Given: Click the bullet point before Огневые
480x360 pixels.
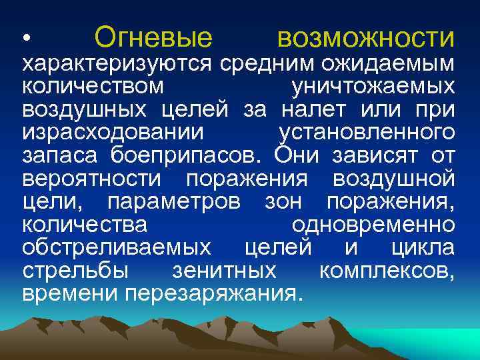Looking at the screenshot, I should tap(26, 39).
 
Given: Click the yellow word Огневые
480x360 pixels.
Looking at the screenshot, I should tap(154, 37).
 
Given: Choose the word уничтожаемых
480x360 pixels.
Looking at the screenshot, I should tap(373, 87).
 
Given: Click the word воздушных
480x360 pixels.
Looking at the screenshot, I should tap(85, 110).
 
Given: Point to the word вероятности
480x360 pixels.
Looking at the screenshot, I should tap(91, 179).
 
